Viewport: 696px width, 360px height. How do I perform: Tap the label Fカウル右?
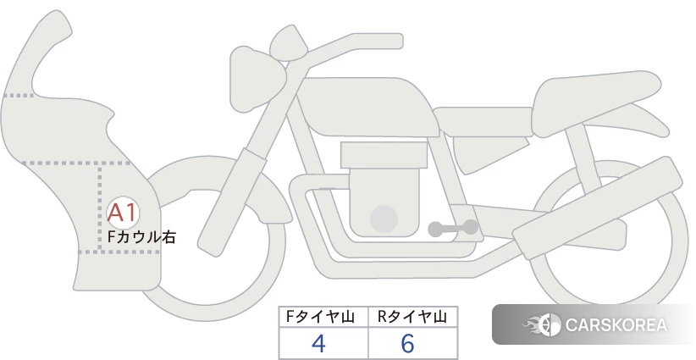(x=142, y=237)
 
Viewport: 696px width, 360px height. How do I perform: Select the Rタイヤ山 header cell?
(x=412, y=317)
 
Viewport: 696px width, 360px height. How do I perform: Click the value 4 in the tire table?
(x=318, y=343)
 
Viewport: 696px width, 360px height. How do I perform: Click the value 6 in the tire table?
(x=407, y=343)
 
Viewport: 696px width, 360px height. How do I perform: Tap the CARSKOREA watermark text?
(x=616, y=324)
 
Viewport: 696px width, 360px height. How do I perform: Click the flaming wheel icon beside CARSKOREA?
(x=543, y=324)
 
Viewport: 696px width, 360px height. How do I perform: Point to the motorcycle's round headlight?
(x=257, y=79)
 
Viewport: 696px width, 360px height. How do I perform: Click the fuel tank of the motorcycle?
(x=368, y=107)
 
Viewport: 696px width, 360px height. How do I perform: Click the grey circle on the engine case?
(x=384, y=219)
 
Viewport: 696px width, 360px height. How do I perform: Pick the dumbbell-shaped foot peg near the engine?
(x=453, y=228)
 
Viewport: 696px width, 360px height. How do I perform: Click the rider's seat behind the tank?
(x=483, y=122)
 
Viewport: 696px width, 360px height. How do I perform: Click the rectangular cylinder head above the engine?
(x=384, y=155)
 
